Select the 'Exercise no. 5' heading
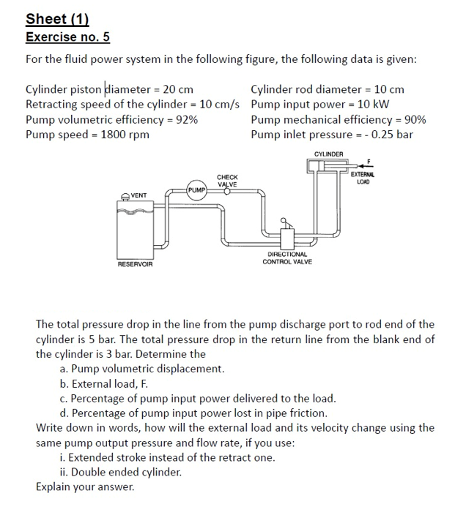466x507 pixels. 67,37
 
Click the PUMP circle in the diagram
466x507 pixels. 196,189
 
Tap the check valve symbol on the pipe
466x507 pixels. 226,192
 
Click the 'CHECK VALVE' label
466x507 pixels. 227,181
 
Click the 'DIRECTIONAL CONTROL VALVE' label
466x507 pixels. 287,258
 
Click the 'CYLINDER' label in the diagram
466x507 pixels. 328,154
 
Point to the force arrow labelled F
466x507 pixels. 363,165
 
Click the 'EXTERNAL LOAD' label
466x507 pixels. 362,178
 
